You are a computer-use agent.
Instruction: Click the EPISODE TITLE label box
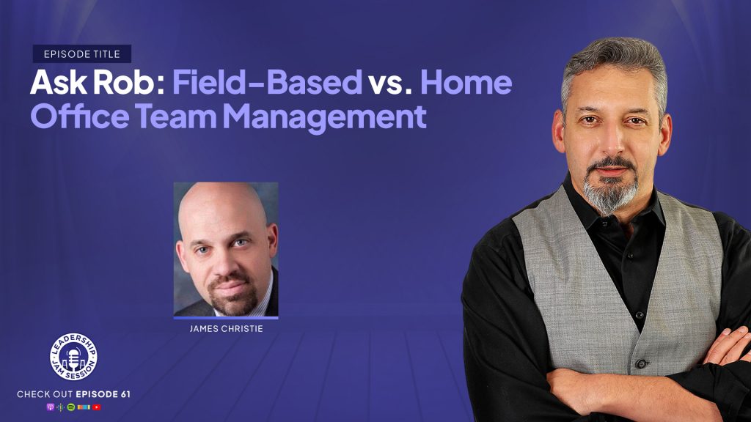click(x=82, y=54)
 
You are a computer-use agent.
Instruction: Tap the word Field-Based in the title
click(x=267, y=82)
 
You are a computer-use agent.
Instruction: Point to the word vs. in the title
click(x=390, y=82)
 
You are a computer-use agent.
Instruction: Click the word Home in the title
click(x=466, y=82)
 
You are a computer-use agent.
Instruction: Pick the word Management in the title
click(x=325, y=117)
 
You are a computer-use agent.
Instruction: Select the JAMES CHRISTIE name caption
click(x=226, y=329)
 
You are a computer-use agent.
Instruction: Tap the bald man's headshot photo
click(x=226, y=249)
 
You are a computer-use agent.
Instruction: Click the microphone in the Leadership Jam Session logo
click(x=73, y=357)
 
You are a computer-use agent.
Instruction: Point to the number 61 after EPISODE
click(x=125, y=394)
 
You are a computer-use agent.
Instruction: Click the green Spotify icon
click(x=71, y=407)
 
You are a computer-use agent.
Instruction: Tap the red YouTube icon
click(x=96, y=407)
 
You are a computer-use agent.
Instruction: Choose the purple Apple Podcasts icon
click(x=50, y=407)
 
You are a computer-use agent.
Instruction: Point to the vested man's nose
click(x=611, y=143)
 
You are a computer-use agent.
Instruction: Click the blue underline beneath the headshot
click(x=226, y=318)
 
